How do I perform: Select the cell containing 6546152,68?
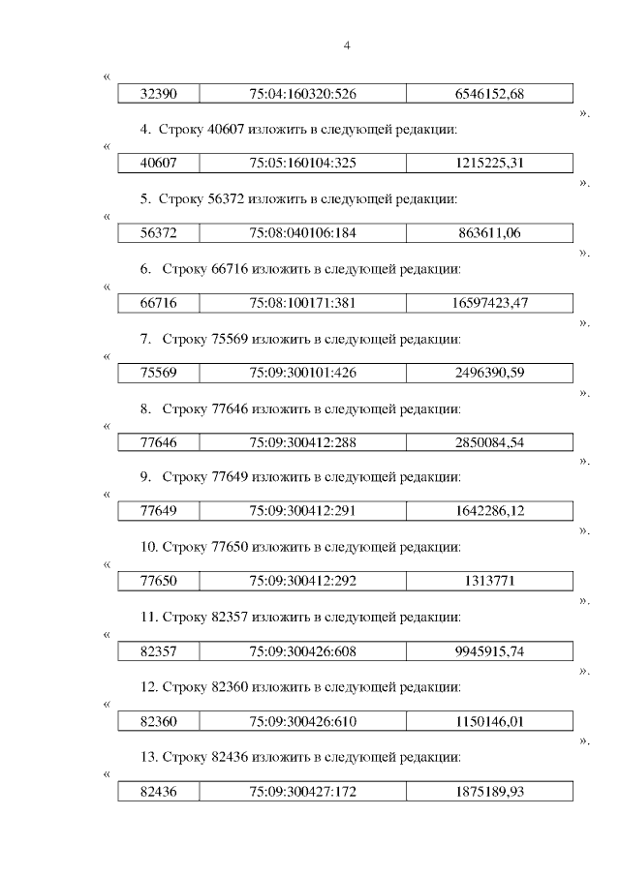(489, 94)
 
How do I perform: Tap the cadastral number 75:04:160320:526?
(302, 94)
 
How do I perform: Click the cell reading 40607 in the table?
(158, 164)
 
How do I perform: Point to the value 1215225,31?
(489, 164)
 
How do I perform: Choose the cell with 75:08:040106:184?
(302, 233)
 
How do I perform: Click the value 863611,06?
(489, 233)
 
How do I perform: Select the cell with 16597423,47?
(489, 303)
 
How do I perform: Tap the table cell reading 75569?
(158, 373)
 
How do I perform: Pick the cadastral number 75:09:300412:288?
(302, 442)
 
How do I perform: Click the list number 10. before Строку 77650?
(149, 547)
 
